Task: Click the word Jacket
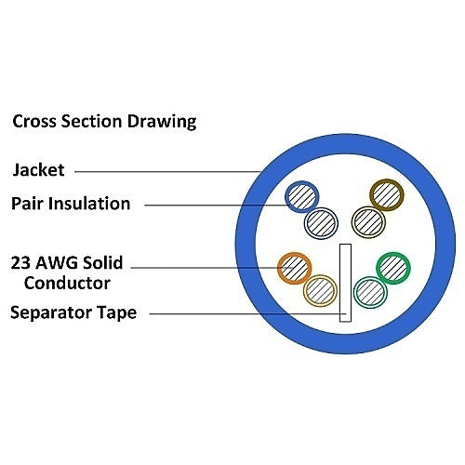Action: (38, 170)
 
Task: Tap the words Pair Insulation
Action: (71, 204)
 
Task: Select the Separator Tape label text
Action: (73, 312)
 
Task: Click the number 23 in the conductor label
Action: (20, 262)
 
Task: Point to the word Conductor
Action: (67, 283)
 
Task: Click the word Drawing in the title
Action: (162, 121)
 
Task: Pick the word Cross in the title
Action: (34, 121)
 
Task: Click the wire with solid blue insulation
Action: (301, 196)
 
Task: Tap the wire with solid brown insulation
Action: (387, 194)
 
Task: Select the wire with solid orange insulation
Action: (294, 268)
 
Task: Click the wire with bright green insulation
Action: (393, 268)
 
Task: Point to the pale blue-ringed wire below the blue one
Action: (321, 223)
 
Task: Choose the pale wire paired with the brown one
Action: (368, 222)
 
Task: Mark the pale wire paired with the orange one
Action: (320, 291)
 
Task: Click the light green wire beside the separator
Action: (370, 292)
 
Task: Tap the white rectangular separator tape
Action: (345, 283)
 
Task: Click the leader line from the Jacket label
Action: (168, 171)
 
